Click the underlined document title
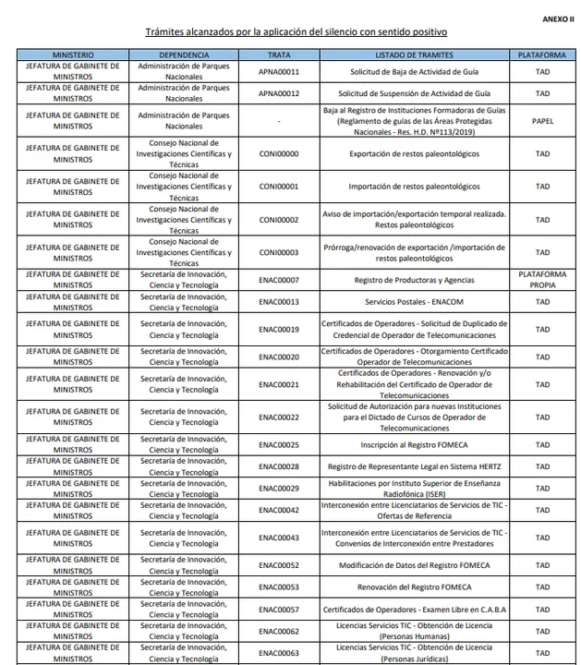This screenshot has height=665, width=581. click(x=289, y=32)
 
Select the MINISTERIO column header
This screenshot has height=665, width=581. click(x=72, y=55)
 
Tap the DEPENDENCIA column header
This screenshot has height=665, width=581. click(x=184, y=55)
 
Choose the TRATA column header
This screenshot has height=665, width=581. click(x=278, y=55)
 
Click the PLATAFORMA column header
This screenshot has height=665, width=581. click(x=542, y=55)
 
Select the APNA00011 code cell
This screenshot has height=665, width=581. click(x=278, y=71)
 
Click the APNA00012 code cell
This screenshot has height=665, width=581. click(x=278, y=93)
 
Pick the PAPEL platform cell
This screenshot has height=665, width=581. click(x=542, y=121)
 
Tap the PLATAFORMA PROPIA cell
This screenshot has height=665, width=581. click(x=542, y=280)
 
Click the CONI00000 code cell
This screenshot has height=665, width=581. click(x=278, y=154)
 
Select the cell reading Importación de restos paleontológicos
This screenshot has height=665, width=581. click(x=416, y=187)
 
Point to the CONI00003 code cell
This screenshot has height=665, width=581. click(x=278, y=252)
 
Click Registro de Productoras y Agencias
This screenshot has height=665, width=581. click(x=416, y=280)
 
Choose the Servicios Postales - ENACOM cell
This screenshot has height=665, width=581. click(x=416, y=302)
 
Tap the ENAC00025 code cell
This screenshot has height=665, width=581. click(x=278, y=444)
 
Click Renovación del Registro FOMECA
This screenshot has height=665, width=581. click(x=416, y=586)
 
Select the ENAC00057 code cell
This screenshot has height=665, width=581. click(x=278, y=609)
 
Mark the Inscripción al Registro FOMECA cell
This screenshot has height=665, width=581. click(x=416, y=444)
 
